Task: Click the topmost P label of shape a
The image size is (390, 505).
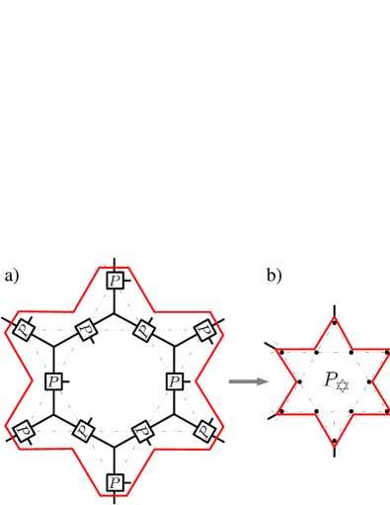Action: pyautogui.click(x=116, y=281)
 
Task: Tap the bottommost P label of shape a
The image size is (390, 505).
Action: pyautogui.click(x=116, y=482)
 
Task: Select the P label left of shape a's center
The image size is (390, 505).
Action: pyautogui.click(x=53, y=380)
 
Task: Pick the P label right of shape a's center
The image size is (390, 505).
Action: pyautogui.click(x=175, y=380)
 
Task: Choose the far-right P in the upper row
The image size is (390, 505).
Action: pyautogui.click(x=204, y=329)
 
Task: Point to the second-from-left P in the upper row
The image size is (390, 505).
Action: pyautogui.click(x=86, y=329)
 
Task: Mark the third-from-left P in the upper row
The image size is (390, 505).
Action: pyautogui.click(x=144, y=329)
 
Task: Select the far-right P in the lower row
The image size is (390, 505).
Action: pyautogui.click(x=204, y=431)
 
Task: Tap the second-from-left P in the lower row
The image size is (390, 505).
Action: pyautogui.click(x=84, y=431)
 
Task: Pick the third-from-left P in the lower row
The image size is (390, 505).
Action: pyautogui.click(x=144, y=431)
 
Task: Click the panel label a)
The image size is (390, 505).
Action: pyautogui.click(x=12, y=276)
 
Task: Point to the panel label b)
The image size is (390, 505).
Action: pyautogui.click(x=273, y=276)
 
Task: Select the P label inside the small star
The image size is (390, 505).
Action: pyautogui.click(x=335, y=380)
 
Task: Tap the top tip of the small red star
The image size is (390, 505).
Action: pyautogui.click(x=336, y=317)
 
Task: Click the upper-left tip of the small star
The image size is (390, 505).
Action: pyautogui.click(x=275, y=350)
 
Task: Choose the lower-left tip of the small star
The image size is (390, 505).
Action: pyautogui.click(x=275, y=413)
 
